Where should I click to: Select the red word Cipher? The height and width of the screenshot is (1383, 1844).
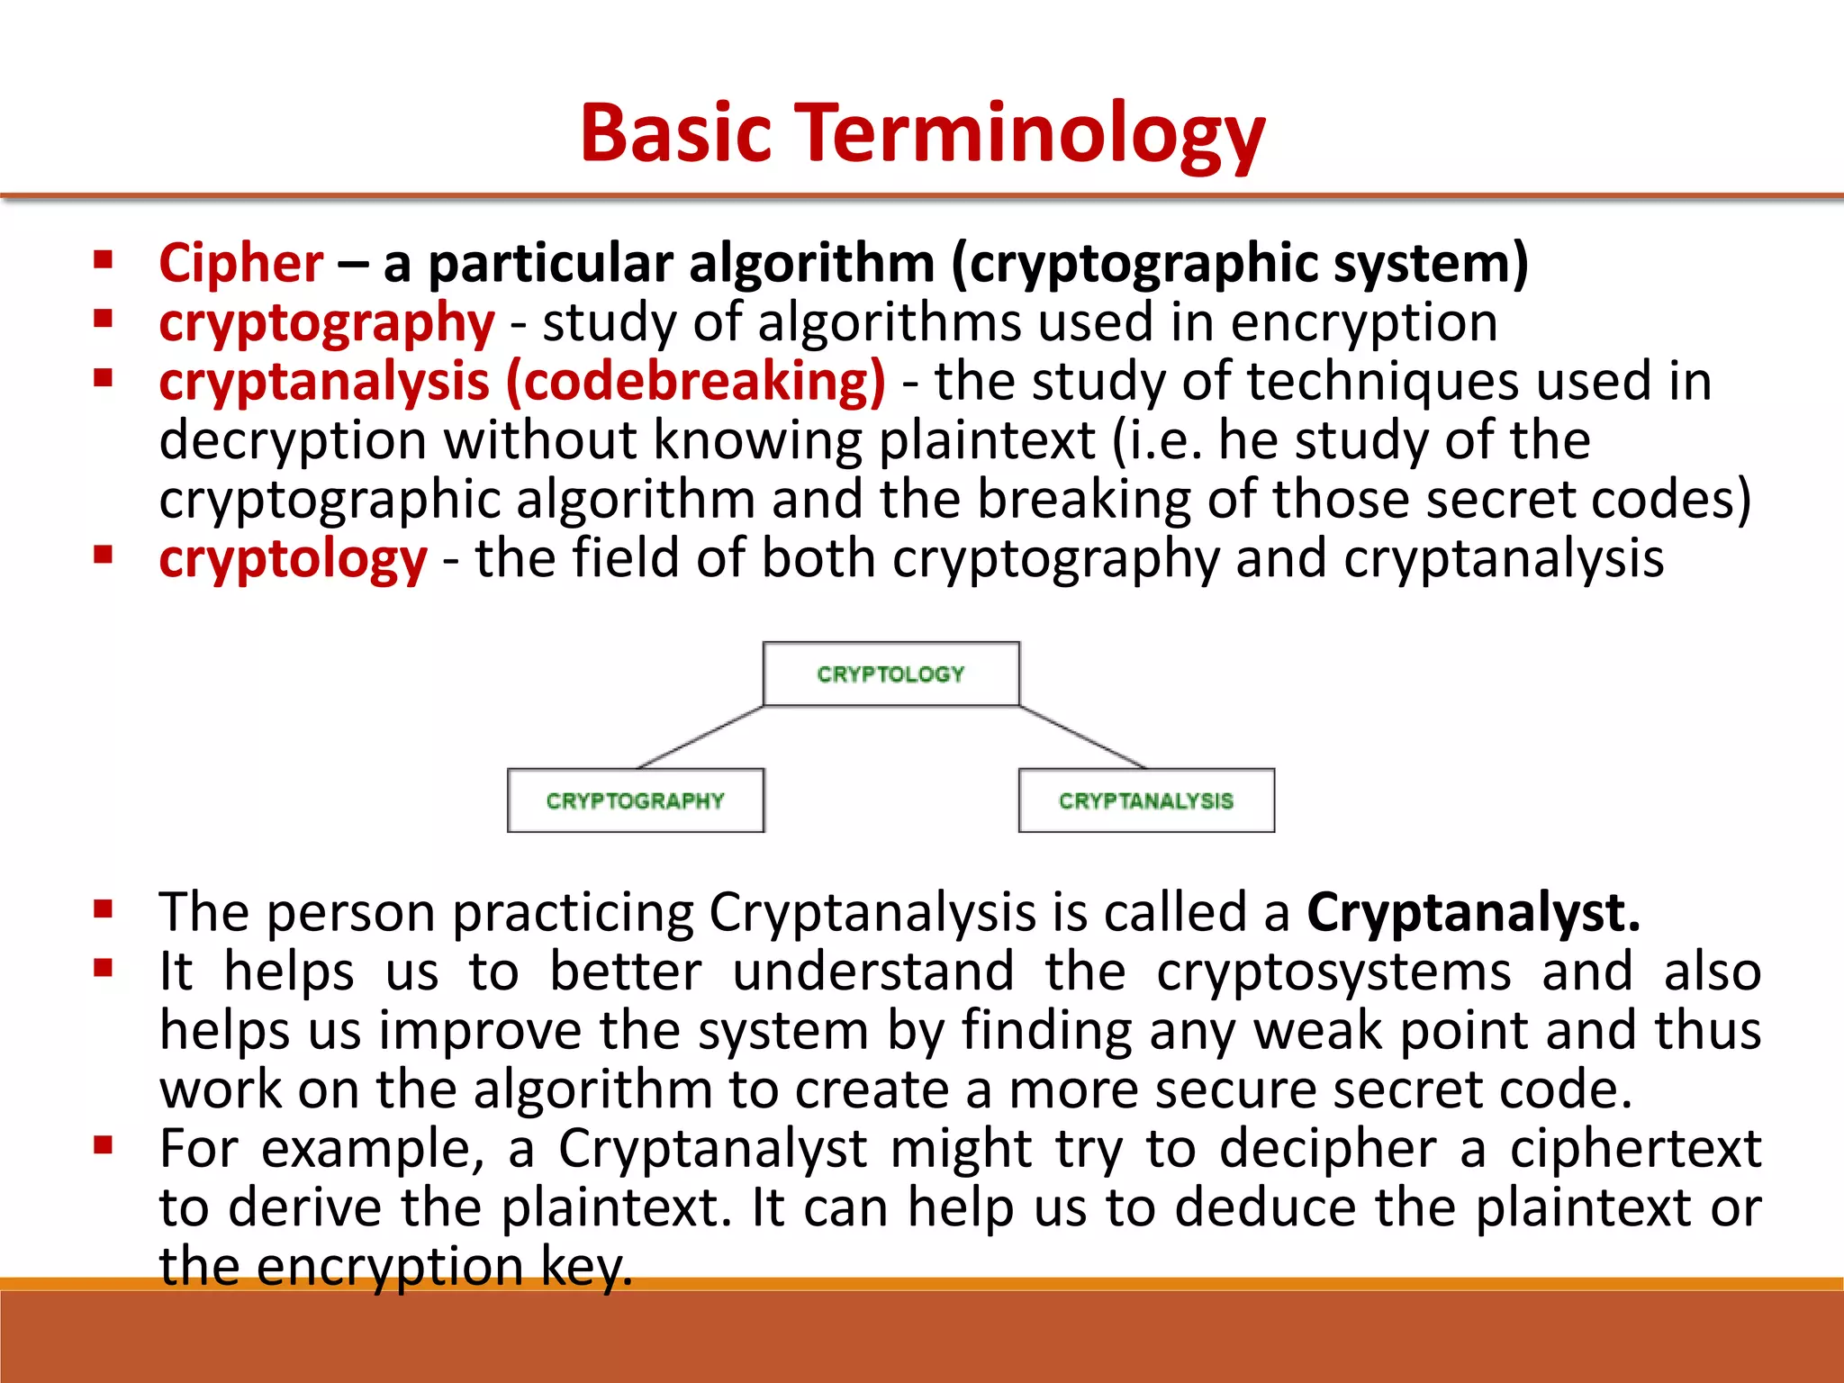(x=240, y=264)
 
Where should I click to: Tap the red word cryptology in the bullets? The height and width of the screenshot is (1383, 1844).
(x=293, y=559)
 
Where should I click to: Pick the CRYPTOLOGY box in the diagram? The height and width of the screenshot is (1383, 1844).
(x=890, y=673)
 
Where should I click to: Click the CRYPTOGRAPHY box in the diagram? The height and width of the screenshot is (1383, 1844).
(x=635, y=800)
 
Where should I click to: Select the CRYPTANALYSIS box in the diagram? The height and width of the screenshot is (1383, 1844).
(x=1145, y=800)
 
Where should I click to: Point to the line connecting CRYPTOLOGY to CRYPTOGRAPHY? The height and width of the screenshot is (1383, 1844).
(x=701, y=737)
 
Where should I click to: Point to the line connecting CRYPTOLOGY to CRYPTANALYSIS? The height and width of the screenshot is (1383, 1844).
(x=1082, y=737)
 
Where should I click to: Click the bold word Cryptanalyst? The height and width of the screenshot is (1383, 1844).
(x=1472, y=913)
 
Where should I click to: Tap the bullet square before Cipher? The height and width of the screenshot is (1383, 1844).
(x=103, y=261)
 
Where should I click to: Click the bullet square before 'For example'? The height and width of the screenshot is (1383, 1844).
(x=103, y=1145)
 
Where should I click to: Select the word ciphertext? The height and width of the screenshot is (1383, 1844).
(x=1635, y=1150)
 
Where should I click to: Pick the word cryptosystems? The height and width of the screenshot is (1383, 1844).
(x=1333, y=972)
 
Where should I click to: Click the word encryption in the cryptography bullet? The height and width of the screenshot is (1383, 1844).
(x=1363, y=322)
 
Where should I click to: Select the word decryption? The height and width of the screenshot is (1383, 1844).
(x=293, y=441)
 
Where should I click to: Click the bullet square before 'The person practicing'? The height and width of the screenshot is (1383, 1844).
(x=103, y=909)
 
